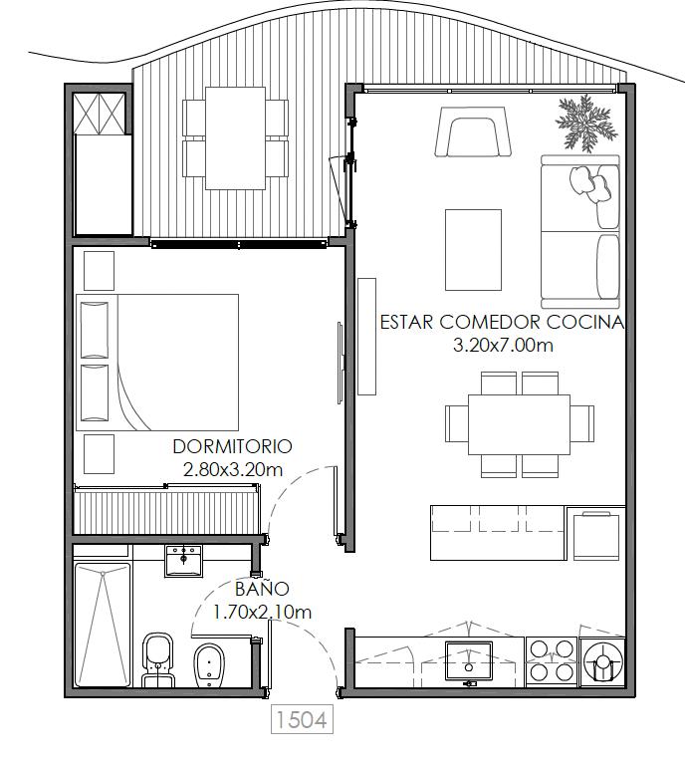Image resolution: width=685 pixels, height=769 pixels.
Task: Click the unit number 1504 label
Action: click(x=302, y=719)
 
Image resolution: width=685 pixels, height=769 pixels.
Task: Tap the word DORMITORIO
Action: click(x=232, y=446)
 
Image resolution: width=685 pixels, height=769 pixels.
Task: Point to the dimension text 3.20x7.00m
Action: click(x=503, y=346)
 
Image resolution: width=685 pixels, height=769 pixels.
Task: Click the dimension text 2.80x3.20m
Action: click(x=233, y=470)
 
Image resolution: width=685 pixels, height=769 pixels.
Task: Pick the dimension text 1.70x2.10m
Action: click(x=262, y=612)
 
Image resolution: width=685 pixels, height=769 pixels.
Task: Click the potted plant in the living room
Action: click(x=586, y=124)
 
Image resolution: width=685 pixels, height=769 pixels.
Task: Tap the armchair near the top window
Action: click(x=473, y=131)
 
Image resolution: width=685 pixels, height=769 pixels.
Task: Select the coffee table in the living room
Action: click(x=473, y=250)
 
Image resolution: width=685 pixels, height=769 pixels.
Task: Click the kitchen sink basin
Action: click(x=469, y=660)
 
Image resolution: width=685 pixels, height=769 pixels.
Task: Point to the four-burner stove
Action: click(x=552, y=660)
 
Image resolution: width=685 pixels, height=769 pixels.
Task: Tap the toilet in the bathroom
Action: click(x=158, y=659)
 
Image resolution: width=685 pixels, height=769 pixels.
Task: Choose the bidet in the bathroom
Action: click(x=209, y=665)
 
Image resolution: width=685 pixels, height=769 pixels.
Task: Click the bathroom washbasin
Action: click(x=183, y=561)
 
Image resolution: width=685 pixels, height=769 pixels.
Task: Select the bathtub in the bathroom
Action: click(x=103, y=625)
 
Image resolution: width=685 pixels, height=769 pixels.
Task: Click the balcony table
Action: click(x=235, y=138)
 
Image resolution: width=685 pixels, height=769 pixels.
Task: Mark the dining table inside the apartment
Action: click(x=520, y=424)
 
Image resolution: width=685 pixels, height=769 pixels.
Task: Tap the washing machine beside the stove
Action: click(x=602, y=661)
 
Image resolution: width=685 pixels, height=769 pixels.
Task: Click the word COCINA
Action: click(x=585, y=322)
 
